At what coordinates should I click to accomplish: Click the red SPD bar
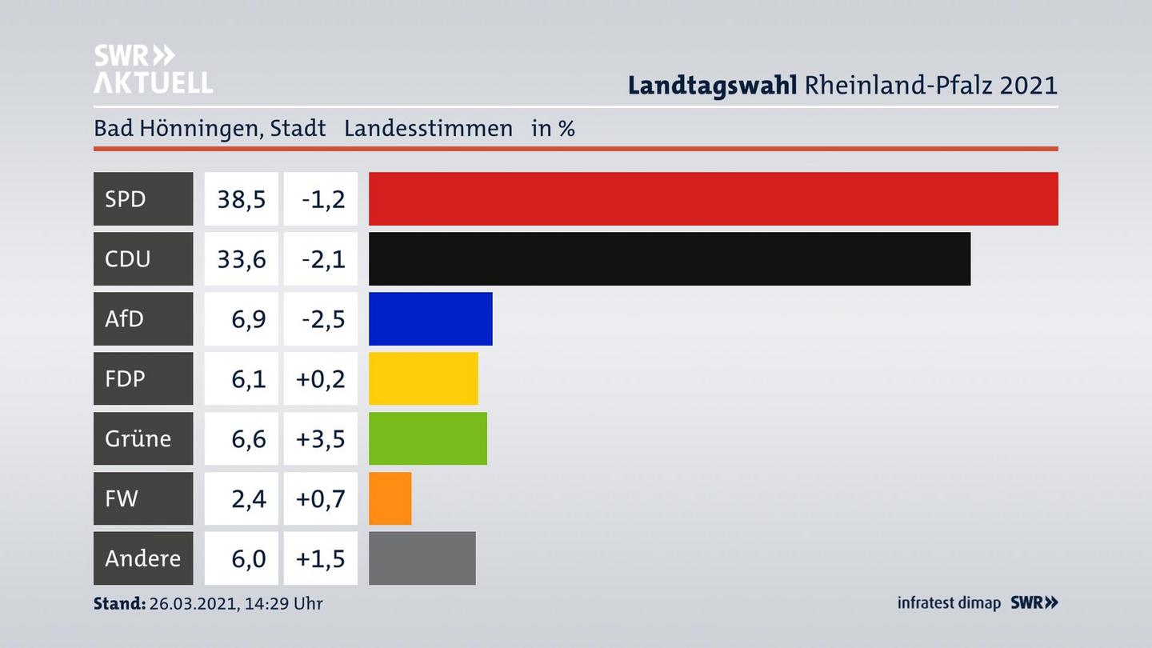click(x=713, y=198)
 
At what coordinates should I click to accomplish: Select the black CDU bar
click(x=669, y=258)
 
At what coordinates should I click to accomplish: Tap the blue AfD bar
click(x=430, y=318)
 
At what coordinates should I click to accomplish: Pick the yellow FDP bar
click(x=423, y=378)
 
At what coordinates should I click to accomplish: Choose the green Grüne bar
click(x=427, y=438)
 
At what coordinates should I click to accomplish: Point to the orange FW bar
click(x=390, y=498)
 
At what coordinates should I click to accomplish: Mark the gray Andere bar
click(x=422, y=558)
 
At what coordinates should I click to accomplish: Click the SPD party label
click(x=126, y=198)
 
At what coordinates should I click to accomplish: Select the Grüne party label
click(x=138, y=438)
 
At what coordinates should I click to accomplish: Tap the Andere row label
click(x=142, y=558)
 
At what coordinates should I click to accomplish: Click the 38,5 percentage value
click(x=242, y=198)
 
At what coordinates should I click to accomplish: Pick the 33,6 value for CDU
click(x=242, y=258)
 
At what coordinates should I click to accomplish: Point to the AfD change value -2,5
click(x=323, y=318)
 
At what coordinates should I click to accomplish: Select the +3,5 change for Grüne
click(x=321, y=438)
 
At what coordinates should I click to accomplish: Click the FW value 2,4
click(x=248, y=498)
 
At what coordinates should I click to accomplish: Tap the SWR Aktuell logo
click(x=153, y=69)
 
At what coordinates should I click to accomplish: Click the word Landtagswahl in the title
click(x=712, y=85)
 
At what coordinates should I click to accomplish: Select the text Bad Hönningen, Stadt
click(x=210, y=128)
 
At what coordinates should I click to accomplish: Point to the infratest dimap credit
click(x=949, y=602)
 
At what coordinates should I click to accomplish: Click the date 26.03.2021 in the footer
click(x=192, y=603)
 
